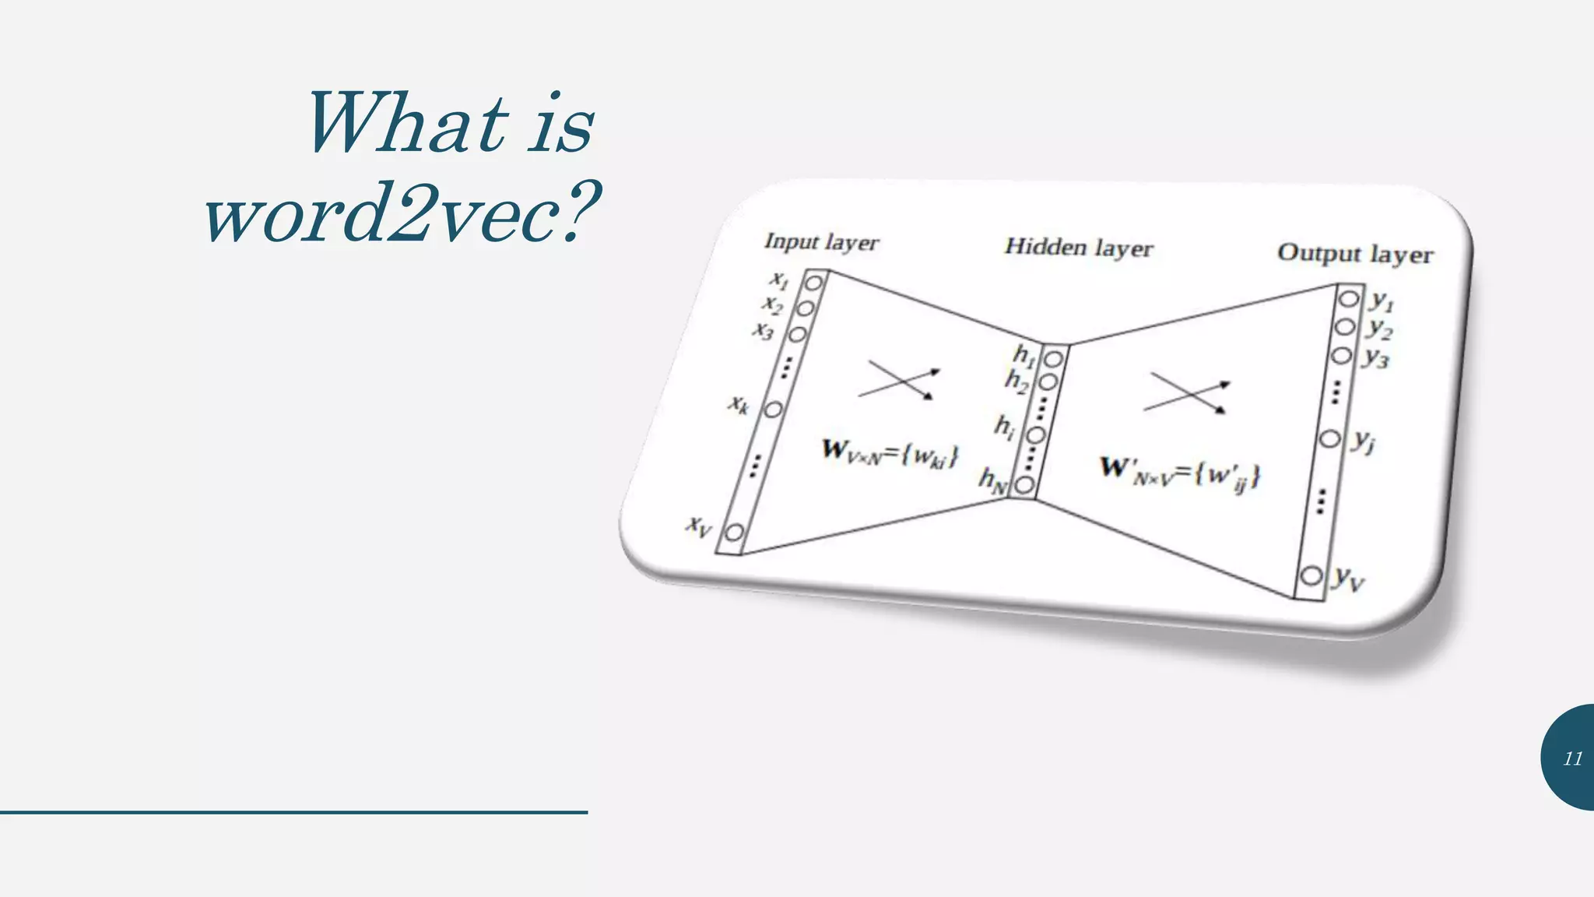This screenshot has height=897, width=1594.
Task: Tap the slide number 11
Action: (x=1573, y=758)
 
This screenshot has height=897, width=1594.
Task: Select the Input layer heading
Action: (x=821, y=241)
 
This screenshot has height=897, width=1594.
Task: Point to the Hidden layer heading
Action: (x=1078, y=248)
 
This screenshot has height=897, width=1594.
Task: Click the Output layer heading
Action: (x=1354, y=254)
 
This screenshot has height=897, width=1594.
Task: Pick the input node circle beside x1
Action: (x=813, y=283)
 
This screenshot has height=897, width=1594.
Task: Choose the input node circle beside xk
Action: (x=773, y=409)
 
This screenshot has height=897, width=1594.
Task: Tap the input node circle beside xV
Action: (x=734, y=533)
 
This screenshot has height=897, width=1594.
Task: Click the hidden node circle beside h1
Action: (x=1053, y=359)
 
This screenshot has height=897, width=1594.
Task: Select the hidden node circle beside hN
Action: (x=1024, y=485)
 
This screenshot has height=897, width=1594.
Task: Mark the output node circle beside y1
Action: (x=1349, y=299)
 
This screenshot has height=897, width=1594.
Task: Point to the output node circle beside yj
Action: (x=1330, y=438)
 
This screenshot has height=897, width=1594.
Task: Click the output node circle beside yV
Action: (x=1311, y=576)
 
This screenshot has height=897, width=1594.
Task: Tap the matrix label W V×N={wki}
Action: (x=890, y=453)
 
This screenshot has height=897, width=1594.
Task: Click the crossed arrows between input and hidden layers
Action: (x=899, y=379)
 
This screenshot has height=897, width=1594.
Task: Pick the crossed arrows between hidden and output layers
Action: (x=1187, y=393)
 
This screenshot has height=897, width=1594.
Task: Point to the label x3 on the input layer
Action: (x=764, y=331)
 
